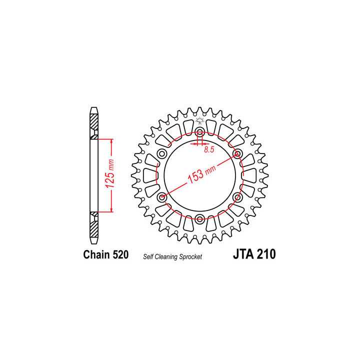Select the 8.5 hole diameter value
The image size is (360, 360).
click(x=209, y=149)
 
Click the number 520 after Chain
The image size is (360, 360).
click(x=119, y=255)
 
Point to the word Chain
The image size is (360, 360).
click(x=96, y=255)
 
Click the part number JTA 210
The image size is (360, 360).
click(x=254, y=254)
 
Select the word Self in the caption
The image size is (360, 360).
click(x=149, y=256)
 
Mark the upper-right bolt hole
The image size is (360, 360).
click(x=237, y=153)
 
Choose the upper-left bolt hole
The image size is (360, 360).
click(x=162, y=153)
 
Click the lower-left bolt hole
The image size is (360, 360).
click(x=162, y=197)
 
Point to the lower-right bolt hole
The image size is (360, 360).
click(x=237, y=197)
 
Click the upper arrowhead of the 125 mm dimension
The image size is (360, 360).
click(x=111, y=141)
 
